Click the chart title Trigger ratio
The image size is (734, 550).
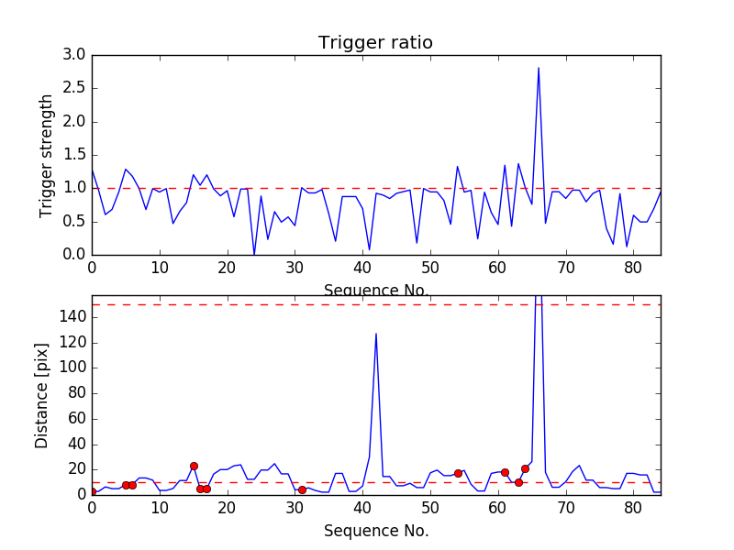[375, 43]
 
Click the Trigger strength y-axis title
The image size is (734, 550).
[47, 155]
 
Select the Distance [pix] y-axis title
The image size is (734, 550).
[42, 396]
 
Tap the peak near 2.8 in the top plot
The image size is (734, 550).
[539, 68]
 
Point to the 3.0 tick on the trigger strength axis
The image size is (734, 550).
[75, 56]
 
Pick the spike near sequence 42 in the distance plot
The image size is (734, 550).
[376, 334]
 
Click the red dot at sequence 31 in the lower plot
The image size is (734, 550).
[302, 489]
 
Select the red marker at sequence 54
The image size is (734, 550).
[458, 473]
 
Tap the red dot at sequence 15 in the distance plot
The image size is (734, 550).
[194, 466]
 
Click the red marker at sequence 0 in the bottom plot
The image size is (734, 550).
[92, 492]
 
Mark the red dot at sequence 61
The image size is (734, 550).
[505, 472]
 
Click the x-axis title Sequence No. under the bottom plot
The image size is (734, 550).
[375, 531]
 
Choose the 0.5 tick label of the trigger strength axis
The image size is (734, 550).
[75, 222]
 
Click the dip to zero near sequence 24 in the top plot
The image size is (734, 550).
[254, 254]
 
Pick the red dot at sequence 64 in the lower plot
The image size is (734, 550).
[525, 468]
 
